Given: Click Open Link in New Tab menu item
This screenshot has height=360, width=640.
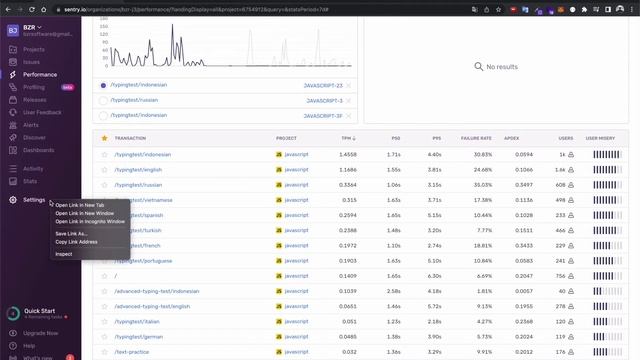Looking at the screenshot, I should [79, 205].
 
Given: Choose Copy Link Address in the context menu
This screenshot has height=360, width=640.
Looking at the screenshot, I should [76, 241].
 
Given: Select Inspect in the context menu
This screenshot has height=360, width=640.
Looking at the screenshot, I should [64, 254].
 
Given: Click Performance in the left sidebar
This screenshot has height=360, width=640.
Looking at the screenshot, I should [40, 75].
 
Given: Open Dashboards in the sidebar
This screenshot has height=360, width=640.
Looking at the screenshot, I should [39, 150].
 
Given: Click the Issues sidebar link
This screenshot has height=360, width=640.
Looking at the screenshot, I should [32, 62].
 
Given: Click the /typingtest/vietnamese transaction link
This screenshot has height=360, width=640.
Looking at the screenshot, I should [143, 200].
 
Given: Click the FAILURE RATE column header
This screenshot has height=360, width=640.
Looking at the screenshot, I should [475, 138].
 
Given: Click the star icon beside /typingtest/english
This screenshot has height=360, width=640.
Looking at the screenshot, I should [104, 170].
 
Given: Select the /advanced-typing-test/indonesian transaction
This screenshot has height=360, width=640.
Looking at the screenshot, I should [157, 290].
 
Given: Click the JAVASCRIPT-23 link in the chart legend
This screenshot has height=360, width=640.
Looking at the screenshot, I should [323, 86].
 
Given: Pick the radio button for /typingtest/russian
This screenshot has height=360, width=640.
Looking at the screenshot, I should [103, 101].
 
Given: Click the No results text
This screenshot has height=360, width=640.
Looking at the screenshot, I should [495, 67].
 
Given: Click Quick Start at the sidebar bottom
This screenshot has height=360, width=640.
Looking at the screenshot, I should [41, 311].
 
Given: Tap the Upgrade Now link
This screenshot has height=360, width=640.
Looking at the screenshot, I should [41, 333].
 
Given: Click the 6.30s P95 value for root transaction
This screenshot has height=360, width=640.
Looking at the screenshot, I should [434, 275].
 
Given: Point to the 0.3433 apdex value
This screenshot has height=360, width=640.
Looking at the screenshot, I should [523, 245].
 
